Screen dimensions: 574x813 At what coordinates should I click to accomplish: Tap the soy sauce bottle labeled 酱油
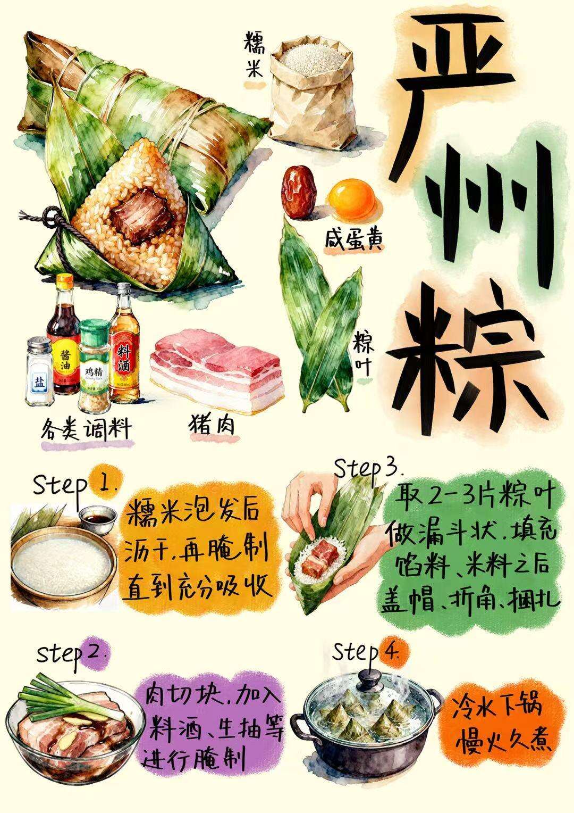[x=64, y=334]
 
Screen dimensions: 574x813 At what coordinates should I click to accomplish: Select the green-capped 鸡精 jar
[x=94, y=366]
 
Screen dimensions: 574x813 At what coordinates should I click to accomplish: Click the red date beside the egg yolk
[x=299, y=191]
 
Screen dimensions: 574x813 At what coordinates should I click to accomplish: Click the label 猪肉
[x=211, y=424]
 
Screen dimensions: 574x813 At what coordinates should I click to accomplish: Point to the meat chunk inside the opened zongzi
[x=141, y=214]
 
